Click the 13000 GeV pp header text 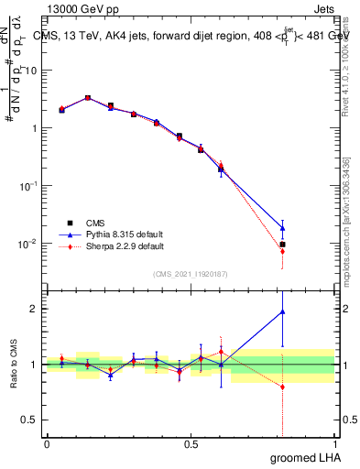(82, 8)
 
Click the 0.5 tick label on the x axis (191, 444)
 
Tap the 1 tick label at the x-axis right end (334, 444)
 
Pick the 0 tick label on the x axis (47, 444)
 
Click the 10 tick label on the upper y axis (32, 70)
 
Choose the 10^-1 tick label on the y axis (29, 186)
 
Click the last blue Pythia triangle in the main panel (283, 227)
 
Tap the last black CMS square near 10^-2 (283, 245)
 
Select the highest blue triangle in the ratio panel (283, 311)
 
